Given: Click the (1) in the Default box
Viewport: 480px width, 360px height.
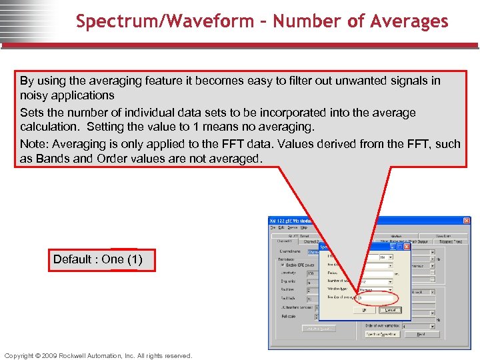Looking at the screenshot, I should click(x=133, y=259).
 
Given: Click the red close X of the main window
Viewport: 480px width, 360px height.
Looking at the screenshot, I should click(x=466, y=221).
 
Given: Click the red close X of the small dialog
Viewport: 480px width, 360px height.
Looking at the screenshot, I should click(x=407, y=246).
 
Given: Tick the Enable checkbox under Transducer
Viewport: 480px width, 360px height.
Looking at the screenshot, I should click(x=282, y=264).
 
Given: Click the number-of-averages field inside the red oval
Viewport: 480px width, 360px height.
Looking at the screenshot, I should click(x=377, y=298).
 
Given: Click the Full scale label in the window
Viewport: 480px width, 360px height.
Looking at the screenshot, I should click(x=289, y=316).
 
